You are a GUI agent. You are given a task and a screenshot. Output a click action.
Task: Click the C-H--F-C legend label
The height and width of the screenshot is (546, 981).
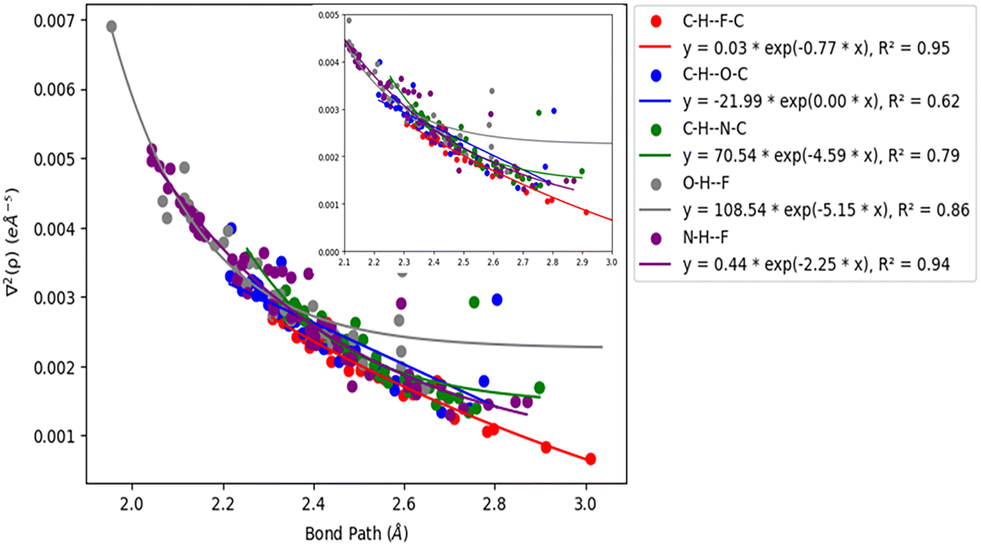click(x=713, y=21)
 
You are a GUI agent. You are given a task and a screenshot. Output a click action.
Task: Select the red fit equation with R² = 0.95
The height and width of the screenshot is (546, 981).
click(x=816, y=48)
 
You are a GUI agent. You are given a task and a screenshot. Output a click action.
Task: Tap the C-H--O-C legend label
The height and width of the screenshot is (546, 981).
click(x=715, y=75)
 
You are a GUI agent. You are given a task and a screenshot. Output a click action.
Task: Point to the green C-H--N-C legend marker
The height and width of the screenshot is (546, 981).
click(x=656, y=129)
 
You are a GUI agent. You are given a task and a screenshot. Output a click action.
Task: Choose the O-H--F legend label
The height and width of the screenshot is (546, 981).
click(x=706, y=183)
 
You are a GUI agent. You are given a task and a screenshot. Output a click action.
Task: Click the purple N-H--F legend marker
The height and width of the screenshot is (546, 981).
click(x=656, y=238)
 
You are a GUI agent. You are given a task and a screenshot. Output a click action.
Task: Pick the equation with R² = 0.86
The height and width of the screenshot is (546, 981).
click(x=826, y=210)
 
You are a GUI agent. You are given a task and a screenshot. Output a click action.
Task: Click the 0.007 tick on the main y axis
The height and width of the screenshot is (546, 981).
click(x=54, y=21)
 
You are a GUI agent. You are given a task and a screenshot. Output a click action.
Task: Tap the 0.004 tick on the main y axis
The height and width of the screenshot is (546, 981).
click(x=54, y=229)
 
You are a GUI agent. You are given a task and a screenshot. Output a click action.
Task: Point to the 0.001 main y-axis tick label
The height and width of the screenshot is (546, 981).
click(x=54, y=436)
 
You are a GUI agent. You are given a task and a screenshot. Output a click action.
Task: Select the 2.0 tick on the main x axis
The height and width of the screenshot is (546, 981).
click(x=131, y=504)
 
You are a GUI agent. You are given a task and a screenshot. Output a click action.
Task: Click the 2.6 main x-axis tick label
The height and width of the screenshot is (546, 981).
click(x=403, y=504)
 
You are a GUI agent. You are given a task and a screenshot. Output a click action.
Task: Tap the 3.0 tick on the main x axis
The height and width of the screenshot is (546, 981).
click(x=585, y=504)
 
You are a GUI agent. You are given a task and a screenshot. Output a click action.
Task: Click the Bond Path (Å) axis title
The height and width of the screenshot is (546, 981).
click(x=356, y=533)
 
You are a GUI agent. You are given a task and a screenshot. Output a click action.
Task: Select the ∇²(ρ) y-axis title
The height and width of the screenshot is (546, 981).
click(x=12, y=242)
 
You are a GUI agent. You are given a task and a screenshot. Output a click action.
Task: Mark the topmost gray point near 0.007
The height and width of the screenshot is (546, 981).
click(x=112, y=26)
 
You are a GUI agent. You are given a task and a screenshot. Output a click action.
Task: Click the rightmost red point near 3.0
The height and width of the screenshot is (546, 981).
click(x=590, y=459)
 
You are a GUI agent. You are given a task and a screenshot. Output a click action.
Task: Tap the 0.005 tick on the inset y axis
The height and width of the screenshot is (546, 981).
click(x=329, y=15)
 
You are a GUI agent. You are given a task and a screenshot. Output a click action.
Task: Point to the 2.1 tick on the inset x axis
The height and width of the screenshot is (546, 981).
click(x=345, y=262)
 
